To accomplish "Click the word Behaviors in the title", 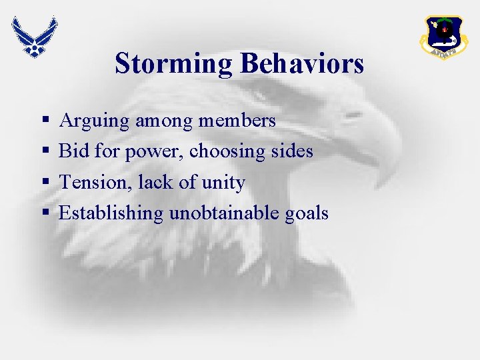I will coord(302,64).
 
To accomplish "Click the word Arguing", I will coord(94,121).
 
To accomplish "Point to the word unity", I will coord(227,183).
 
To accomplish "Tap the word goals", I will coord(307,214).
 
